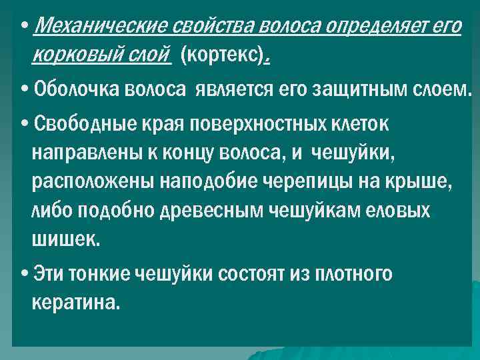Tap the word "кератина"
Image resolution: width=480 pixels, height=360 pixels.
pyautogui.click(x=75, y=303)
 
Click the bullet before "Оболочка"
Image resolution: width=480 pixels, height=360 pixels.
pyautogui.click(x=24, y=89)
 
